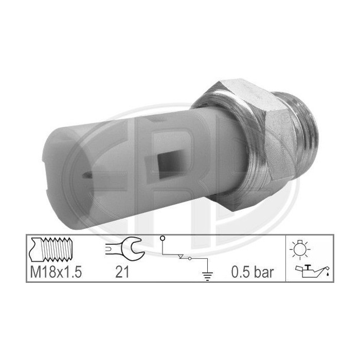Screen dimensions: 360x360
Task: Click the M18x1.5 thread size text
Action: click(56, 273)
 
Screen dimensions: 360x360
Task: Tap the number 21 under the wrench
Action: click(122, 273)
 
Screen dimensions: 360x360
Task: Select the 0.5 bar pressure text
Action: click(253, 273)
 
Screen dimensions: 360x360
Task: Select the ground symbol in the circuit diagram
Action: click(207, 276)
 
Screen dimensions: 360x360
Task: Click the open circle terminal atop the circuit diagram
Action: click(163, 238)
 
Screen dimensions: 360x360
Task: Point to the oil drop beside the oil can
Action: click(328, 274)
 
